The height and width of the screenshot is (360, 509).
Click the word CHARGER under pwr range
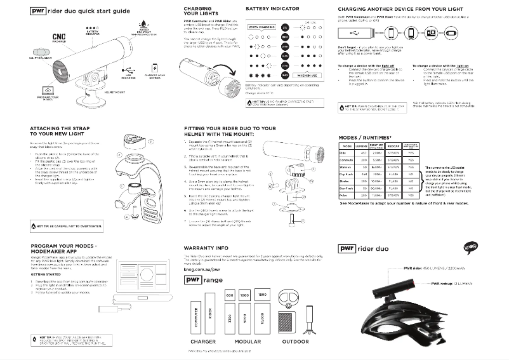coord(202,342)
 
